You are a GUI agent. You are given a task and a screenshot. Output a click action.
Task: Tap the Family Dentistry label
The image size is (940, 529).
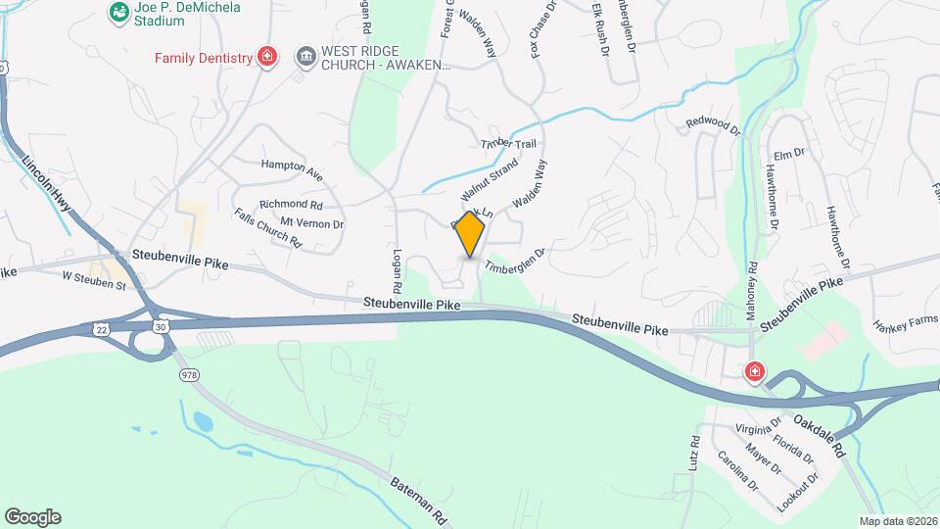click(x=204, y=58)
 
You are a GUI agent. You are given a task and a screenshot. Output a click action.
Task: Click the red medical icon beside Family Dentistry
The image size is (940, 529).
click(x=265, y=57)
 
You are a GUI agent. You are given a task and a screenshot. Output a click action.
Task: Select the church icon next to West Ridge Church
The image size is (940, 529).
click(x=305, y=57)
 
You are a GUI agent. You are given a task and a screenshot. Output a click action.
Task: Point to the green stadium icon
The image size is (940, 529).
click(x=118, y=12)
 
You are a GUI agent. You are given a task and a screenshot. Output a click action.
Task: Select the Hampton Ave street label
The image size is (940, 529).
click(x=292, y=170)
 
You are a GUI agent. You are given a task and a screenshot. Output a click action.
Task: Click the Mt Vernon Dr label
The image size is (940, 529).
click(x=312, y=223)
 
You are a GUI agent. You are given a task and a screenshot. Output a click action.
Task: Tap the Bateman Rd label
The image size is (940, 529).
click(x=418, y=499)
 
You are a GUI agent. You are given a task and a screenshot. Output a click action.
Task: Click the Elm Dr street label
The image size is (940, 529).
click(x=788, y=154)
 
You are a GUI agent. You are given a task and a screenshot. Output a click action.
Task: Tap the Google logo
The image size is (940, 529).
click(x=32, y=517)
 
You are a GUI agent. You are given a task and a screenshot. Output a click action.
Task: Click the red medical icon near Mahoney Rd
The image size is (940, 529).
click(x=754, y=371)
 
